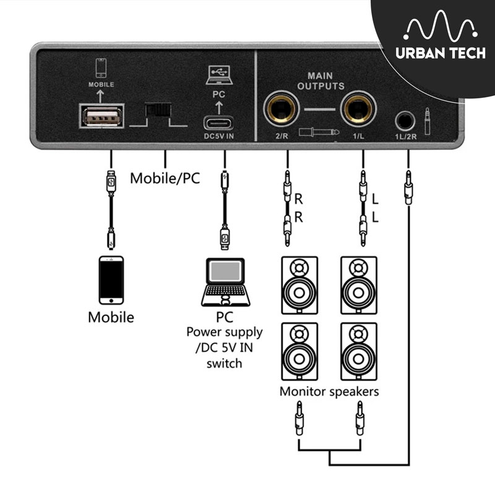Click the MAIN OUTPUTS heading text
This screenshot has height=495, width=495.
point(321,81)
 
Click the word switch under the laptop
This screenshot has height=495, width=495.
point(224,363)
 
